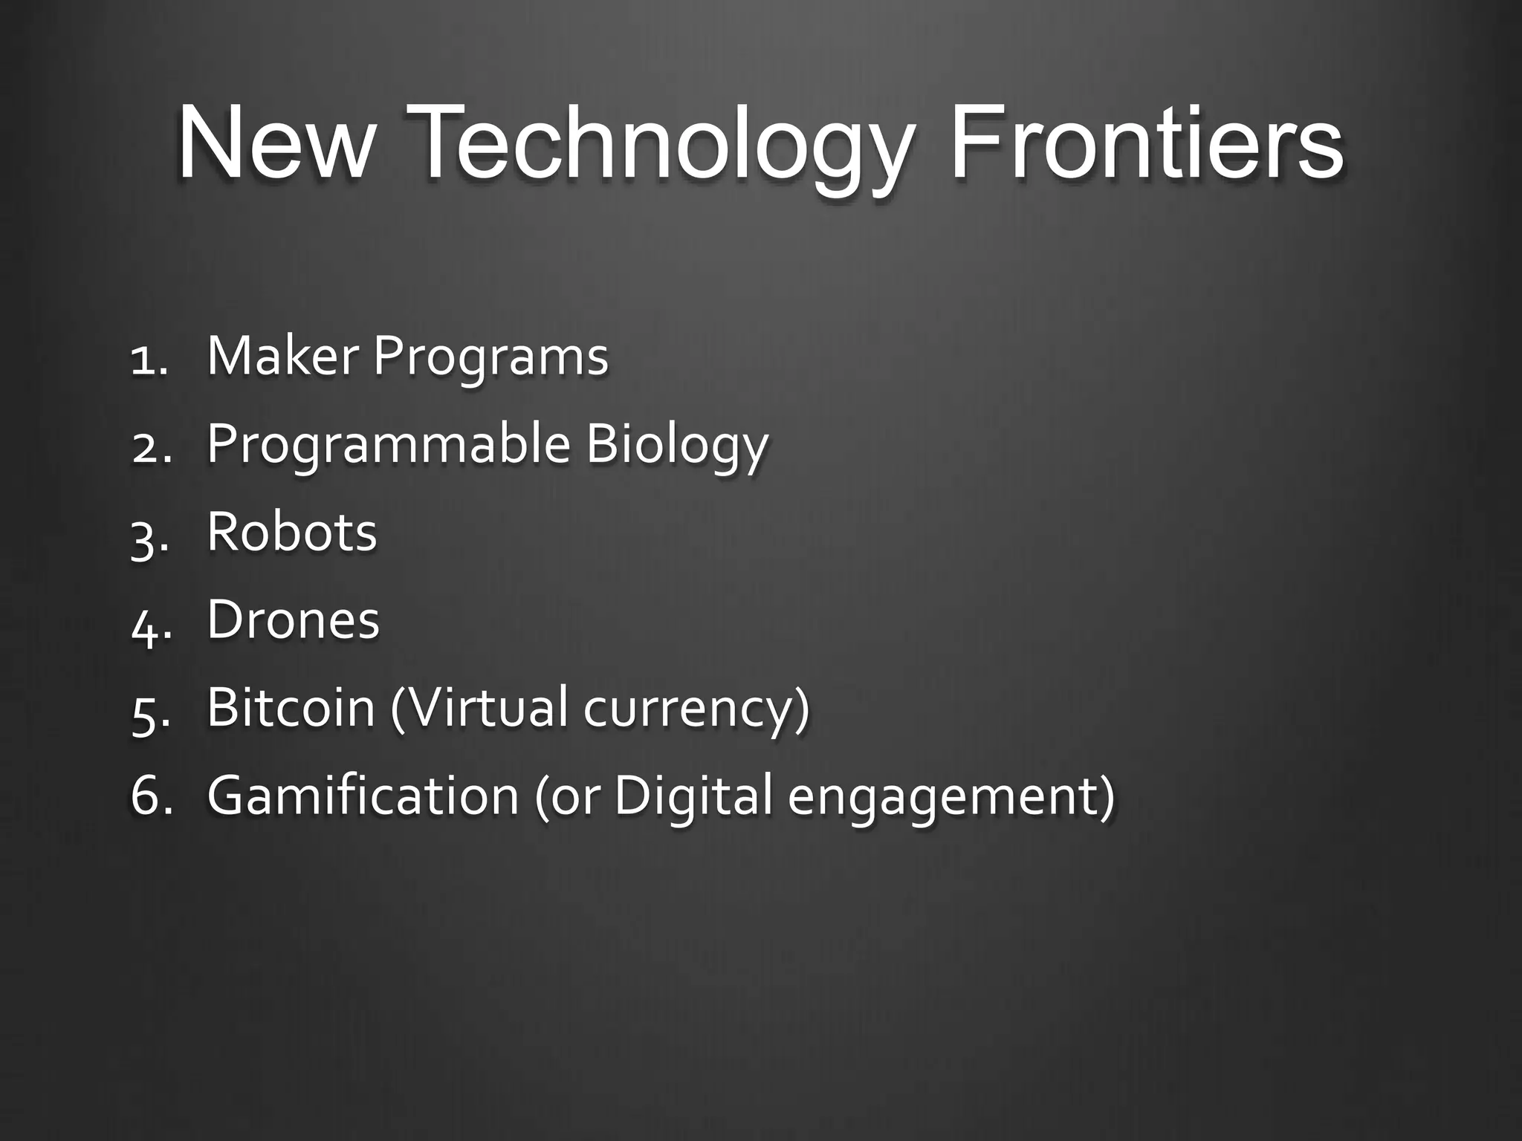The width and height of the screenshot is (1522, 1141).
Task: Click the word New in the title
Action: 273,143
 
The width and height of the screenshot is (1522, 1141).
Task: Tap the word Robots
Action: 292,533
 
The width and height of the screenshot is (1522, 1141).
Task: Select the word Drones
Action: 293,620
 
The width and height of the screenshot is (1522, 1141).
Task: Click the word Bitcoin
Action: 291,707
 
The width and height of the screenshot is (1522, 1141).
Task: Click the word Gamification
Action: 363,795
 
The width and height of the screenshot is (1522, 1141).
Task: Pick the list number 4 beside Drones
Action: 146,624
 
